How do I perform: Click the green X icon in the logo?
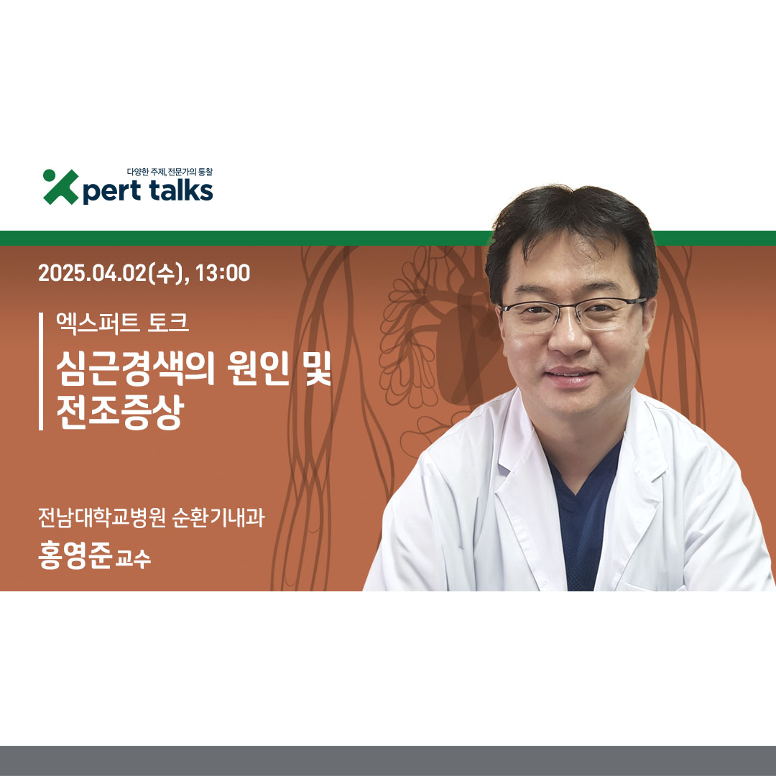click(60, 187)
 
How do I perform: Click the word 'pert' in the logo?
click(111, 192)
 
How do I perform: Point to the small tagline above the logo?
click(170, 172)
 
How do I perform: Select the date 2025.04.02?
click(93, 273)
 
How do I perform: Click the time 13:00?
click(222, 273)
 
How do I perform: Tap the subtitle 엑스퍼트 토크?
click(122, 323)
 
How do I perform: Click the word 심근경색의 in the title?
click(135, 368)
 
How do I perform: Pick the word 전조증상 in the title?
click(120, 412)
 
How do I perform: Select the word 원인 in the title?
click(258, 368)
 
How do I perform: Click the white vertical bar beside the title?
click(41, 371)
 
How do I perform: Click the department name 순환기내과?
click(218, 517)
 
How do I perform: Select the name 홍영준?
click(75, 556)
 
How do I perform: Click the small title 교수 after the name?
click(133, 559)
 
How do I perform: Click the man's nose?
click(569, 336)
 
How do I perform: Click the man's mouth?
click(570, 376)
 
